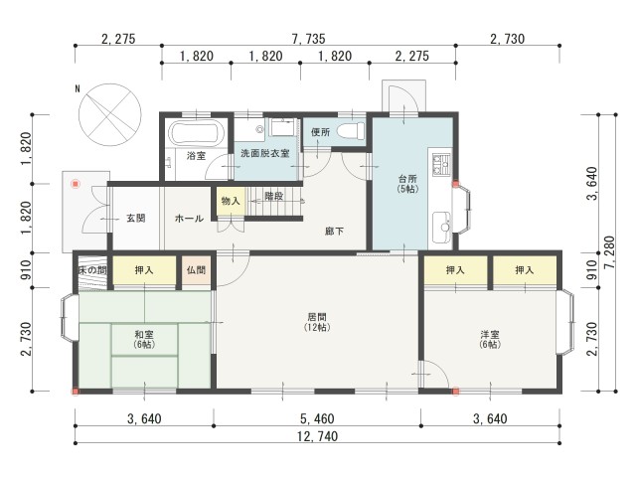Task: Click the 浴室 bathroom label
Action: [196, 155]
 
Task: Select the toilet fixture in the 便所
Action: [350, 131]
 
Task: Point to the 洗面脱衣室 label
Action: [265, 153]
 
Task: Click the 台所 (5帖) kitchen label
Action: [407, 183]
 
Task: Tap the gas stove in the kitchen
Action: [441, 165]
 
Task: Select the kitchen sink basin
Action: [441, 227]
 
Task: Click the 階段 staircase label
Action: [274, 196]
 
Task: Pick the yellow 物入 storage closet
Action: [231, 201]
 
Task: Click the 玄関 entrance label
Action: [136, 219]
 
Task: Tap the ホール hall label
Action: [189, 219]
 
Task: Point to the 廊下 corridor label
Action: [335, 232]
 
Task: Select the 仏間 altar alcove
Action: [197, 270]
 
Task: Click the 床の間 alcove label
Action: [92, 270]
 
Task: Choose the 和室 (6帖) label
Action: [144, 340]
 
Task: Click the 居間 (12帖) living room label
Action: [317, 322]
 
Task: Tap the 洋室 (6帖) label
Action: [490, 340]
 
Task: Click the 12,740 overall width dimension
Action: [318, 436]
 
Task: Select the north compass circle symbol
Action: [110, 115]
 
